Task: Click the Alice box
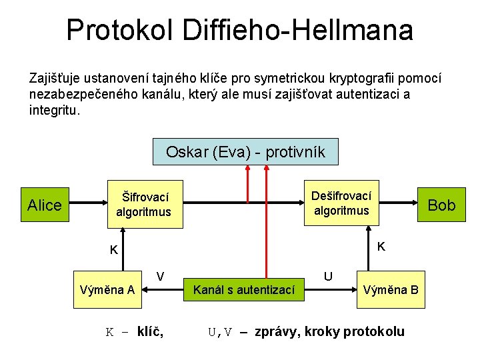[44, 205]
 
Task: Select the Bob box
[441, 205]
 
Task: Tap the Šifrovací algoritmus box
[144, 205]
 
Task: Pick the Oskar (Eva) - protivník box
[245, 152]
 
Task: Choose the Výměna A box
[107, 290]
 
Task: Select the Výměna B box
[391, 290]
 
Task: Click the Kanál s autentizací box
[243, 290]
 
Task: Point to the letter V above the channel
[160, 275]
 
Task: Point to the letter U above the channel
[328, 275]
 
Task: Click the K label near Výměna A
[114, 251]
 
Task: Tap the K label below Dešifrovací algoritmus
[381, 246]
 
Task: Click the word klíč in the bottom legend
[151, 331]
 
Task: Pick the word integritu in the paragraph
[54, 110]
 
